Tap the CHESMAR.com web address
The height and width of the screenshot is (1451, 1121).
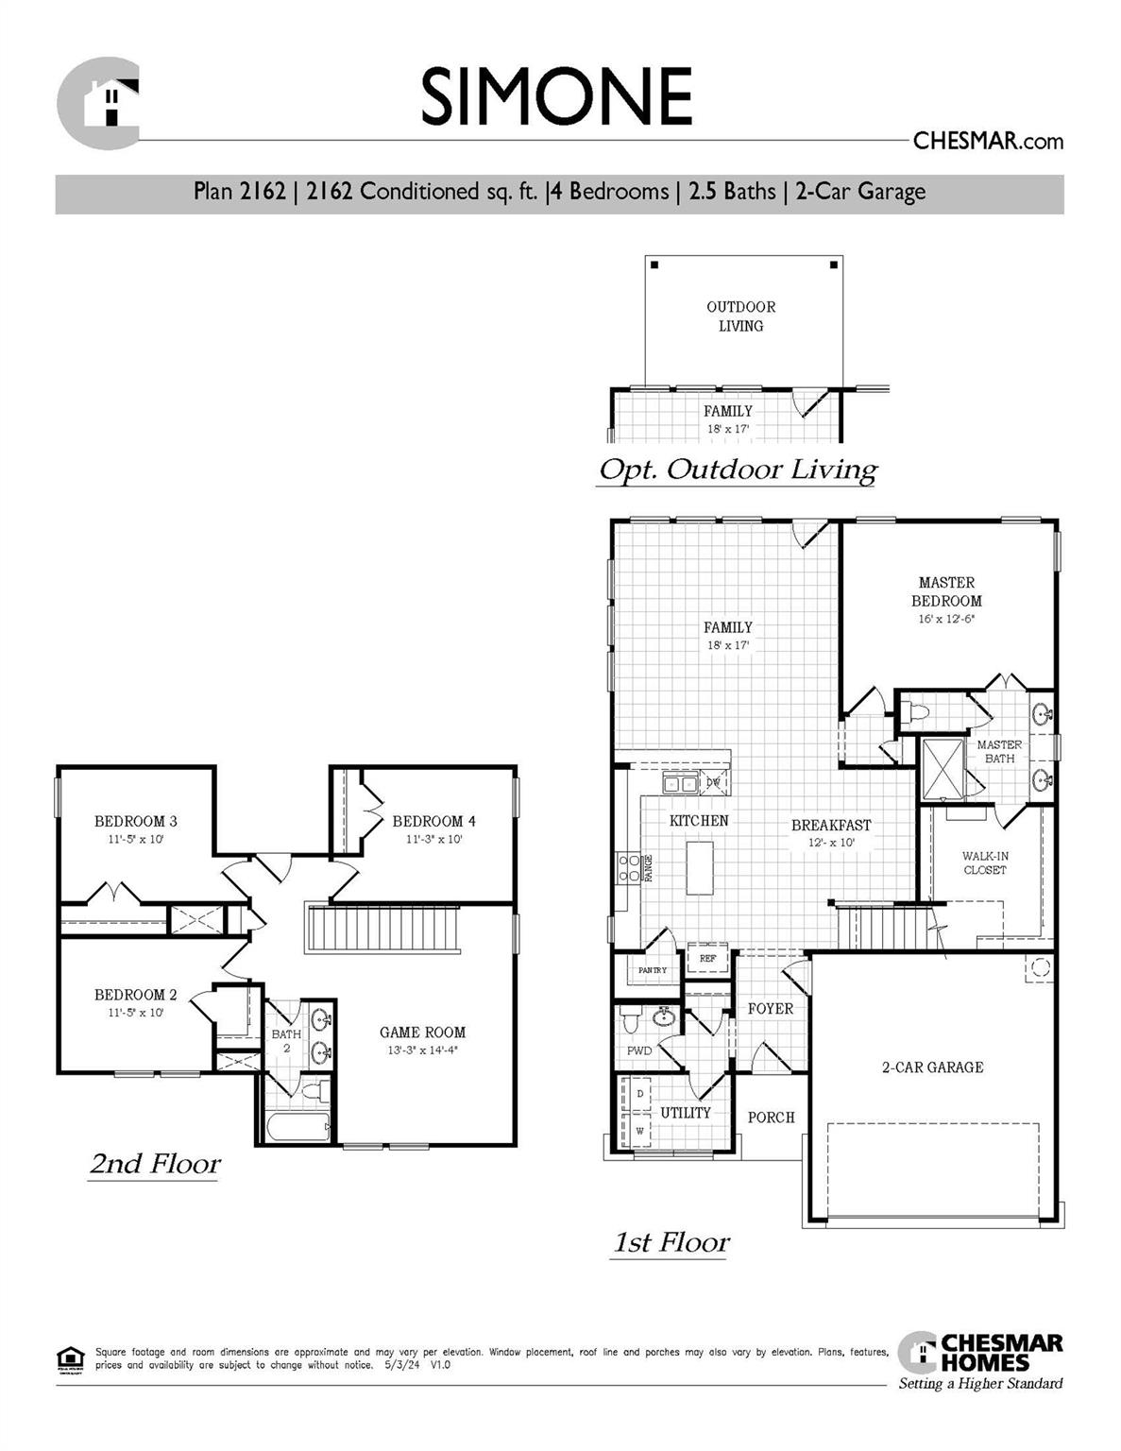coord(988,142)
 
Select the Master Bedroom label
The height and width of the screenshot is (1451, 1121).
coord(946,592)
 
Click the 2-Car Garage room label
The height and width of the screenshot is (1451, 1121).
coord(933,1067)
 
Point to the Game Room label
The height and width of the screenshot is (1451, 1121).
coord(422,1033)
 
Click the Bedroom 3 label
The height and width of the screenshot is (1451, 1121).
coord(135,822)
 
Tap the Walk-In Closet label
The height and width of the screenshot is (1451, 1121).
coord(985,862)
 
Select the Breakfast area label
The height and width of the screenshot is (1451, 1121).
coord(831,826)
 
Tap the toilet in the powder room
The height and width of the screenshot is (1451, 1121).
coord(631,1021)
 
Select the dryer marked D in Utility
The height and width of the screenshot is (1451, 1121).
coord(639,1094)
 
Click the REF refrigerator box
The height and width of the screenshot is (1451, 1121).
coord(707,958)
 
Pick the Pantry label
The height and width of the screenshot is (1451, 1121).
coord(652,970)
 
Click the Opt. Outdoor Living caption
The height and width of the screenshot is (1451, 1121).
coord(738,469)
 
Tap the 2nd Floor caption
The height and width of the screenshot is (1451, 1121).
coord(155,1164)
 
